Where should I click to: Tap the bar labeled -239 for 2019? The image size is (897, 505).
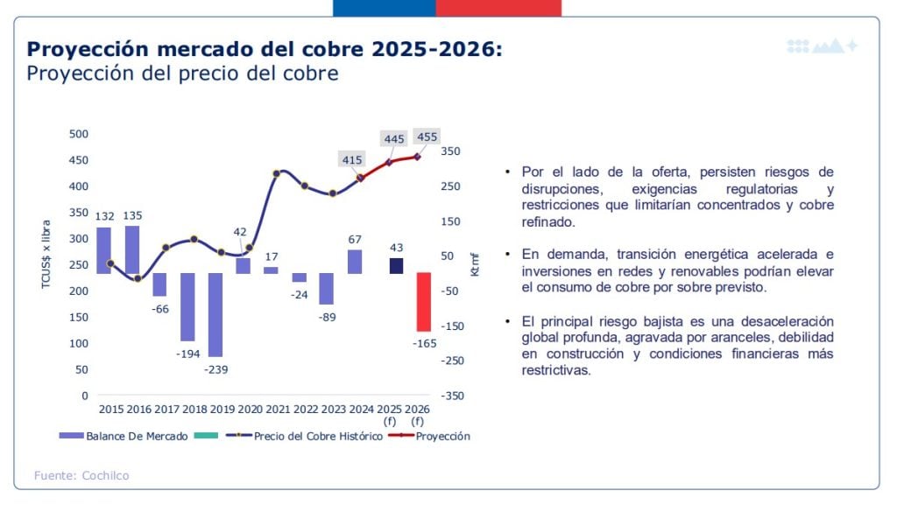215,314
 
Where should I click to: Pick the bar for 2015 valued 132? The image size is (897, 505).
103,250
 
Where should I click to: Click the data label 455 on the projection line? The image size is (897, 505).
427,137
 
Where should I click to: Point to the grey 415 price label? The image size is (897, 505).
352,159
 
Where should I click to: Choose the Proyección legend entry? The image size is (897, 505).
442,436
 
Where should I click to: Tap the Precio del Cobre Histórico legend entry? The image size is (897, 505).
318,436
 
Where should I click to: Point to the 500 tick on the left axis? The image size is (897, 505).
79,134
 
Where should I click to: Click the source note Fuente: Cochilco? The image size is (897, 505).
81,475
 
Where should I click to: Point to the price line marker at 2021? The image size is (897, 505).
277,173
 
